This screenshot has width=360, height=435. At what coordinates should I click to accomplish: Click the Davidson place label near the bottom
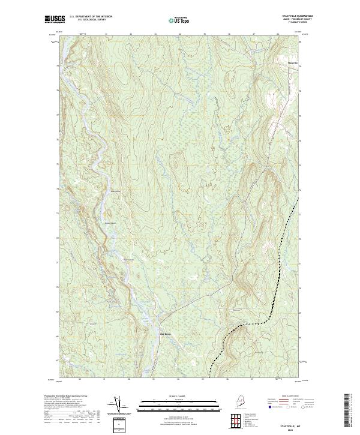[x=166, y=334]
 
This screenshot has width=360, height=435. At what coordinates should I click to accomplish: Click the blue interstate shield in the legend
[x=270, y=406]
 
